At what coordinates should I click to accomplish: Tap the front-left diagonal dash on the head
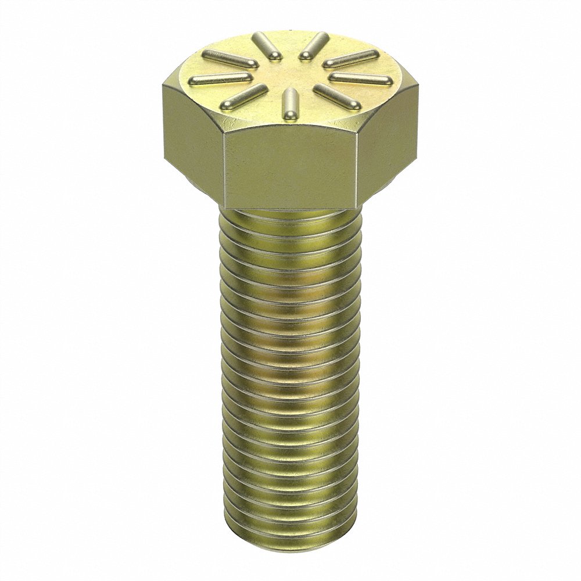[x=243, y=96]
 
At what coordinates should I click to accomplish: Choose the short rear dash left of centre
[x=268, y=45]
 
